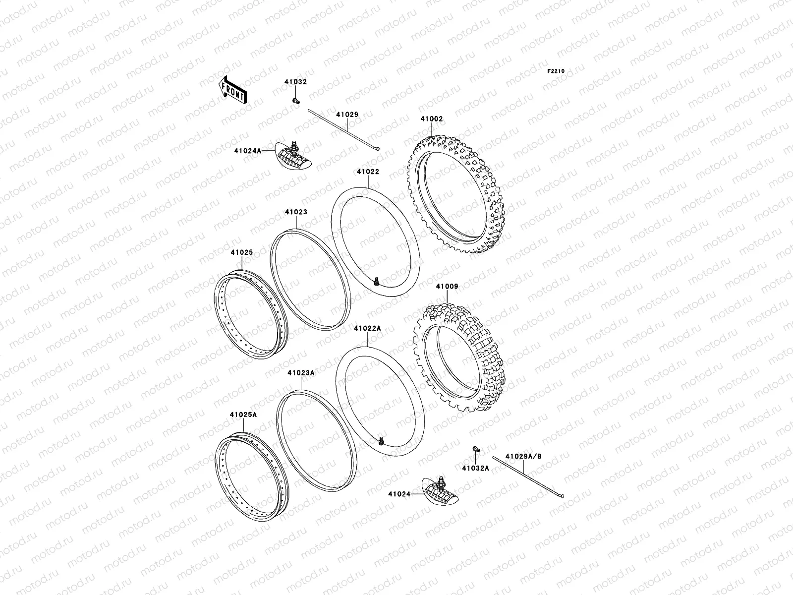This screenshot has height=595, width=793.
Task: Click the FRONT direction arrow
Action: (x=232, y=89)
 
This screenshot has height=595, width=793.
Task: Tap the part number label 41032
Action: (x=295, y=82)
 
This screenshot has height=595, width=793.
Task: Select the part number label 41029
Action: (x=347, y=115)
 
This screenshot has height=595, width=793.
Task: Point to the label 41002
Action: (x=432, y=119)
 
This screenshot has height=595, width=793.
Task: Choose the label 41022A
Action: (x=367, y=328)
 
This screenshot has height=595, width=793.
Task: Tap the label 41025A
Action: (x=243, y=415)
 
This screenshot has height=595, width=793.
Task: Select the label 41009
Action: (x=447, y=287)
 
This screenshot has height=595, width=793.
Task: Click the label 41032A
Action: (x=475, y=468)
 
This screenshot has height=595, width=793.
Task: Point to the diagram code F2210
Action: (x=556, y=71)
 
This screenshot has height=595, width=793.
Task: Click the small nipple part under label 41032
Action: (x=296, y=101)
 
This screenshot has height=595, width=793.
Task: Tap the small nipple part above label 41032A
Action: (x=475, y=449)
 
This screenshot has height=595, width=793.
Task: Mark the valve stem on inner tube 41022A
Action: (x=381, y=440)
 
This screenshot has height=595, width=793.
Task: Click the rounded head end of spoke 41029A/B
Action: (x=562, y=494)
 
